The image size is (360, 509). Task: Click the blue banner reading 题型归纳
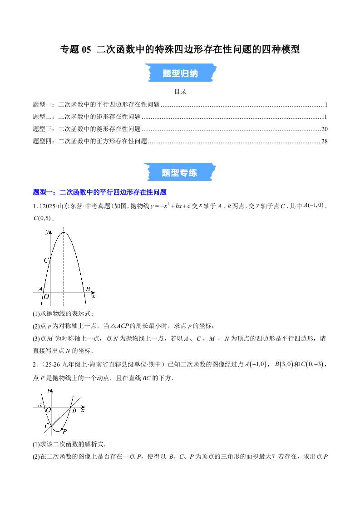coord(180,73)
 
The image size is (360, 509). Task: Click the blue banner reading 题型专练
coord(180,172)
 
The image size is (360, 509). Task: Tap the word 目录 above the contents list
coord(180,92)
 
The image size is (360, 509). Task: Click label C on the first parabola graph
coord(45,260)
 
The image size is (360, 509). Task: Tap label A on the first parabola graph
coord(40,289)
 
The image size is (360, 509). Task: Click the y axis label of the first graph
coord(47,232)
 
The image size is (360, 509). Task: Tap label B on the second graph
coord(74,411)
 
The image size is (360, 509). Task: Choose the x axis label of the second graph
coord(83,410)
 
